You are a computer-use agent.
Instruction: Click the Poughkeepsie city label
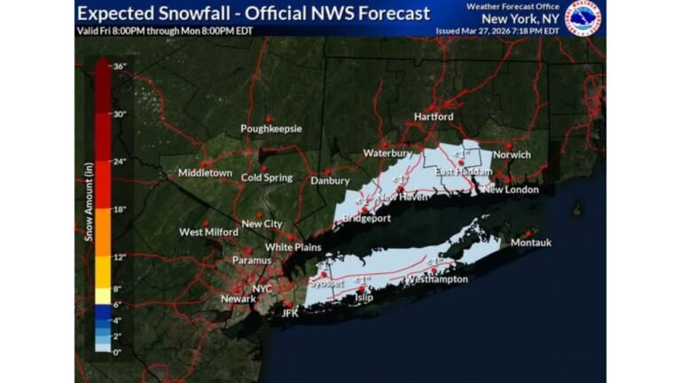pyautogui.click(x=270, y=129)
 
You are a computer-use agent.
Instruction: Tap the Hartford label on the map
pyautogui.click(x=433, y=116)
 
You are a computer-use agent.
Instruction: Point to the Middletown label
pyautogui.click(x=204, y=172)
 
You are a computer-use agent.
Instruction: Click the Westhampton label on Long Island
pyautogui.click(x=436, y=279)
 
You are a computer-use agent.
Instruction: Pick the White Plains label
pyautogui.click(x=293, y=247)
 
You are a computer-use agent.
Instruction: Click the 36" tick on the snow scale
pyautogui.click(x=120, y=66)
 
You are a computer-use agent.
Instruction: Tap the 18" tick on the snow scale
pyautogui.click(x=120, y=209)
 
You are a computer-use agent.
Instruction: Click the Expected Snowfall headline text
pyautogui.click(x=253, y=13)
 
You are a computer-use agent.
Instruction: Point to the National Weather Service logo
pyautogui.click(x=583, y=17)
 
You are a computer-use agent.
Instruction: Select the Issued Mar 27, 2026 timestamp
pyautogui.click(x=497, y=30)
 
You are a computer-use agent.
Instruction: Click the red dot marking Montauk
pyautogui.click(x=535, y=232)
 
